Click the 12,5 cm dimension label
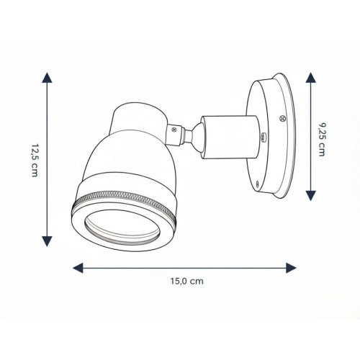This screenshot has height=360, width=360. click(35, 161)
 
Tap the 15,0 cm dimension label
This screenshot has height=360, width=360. click(187, 281)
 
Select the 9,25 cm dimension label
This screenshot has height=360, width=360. click(322, 139)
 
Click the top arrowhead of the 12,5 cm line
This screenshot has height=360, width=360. click(47, 78)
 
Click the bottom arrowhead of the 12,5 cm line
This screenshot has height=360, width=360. click(47, 241)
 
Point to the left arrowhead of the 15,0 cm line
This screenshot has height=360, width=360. click(78, 268)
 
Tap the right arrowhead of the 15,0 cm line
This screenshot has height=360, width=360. click(291, 268)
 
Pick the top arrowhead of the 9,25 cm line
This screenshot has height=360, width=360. click(311, 78)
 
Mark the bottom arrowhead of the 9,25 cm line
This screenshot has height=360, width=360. click(311, 196)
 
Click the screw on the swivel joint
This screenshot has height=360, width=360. click(174, 130)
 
